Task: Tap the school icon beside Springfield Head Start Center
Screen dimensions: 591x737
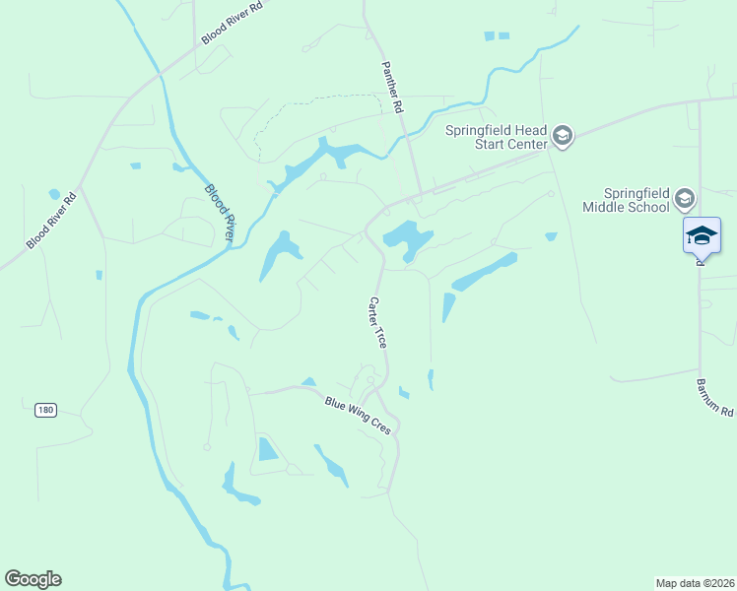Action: coord(563,136)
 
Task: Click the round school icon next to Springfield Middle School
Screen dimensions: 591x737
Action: coord(685,200)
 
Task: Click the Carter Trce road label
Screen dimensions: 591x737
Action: coord(377,323)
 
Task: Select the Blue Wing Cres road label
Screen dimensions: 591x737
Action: coord(359,414)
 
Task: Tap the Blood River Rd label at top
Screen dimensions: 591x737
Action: coord(233,23)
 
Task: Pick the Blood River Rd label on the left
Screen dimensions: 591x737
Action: coord(51,221)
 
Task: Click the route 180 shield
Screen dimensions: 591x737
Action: coord(44,409)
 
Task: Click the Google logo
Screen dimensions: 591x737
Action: coord(33,579)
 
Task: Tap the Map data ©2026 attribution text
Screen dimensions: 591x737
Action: coord(695,582)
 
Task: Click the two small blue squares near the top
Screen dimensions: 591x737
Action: coord(497,36)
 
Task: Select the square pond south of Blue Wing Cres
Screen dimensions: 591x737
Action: coord(268,449)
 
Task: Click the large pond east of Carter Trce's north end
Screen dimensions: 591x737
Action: coord(408,237)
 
